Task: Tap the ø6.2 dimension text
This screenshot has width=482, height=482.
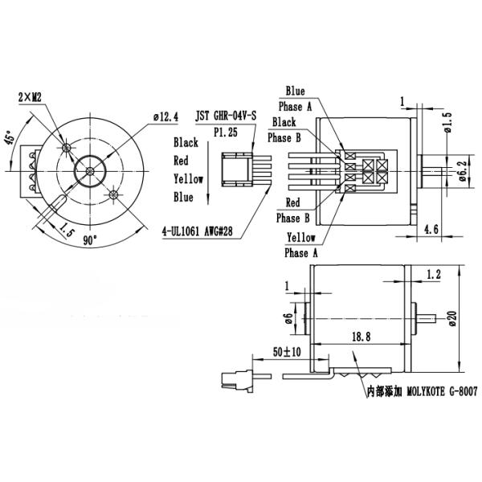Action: tap(463, 170)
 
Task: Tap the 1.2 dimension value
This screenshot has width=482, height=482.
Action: tap(435, 275)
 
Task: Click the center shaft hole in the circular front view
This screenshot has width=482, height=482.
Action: tap(88, 171)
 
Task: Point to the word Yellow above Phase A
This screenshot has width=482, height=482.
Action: tap(300, 239)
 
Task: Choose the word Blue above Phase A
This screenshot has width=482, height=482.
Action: tap(295, 91)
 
